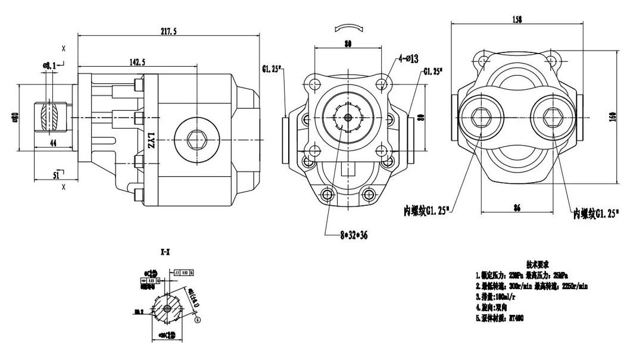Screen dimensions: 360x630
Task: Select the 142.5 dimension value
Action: click(x=137, y=62)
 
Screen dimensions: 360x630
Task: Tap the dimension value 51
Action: click(x=57, y=176)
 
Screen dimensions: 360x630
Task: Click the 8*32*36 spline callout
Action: click(x=354, y=236)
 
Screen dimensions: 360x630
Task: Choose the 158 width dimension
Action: click(x=517, y=20)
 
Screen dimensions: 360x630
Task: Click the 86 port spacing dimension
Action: click(x=517, y=208)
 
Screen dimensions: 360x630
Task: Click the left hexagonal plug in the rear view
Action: click(x=481, y=116)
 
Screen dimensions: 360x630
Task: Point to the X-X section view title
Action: click(x=164, y=252)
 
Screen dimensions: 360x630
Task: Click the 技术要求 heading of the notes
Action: click(x=537, y=263)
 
